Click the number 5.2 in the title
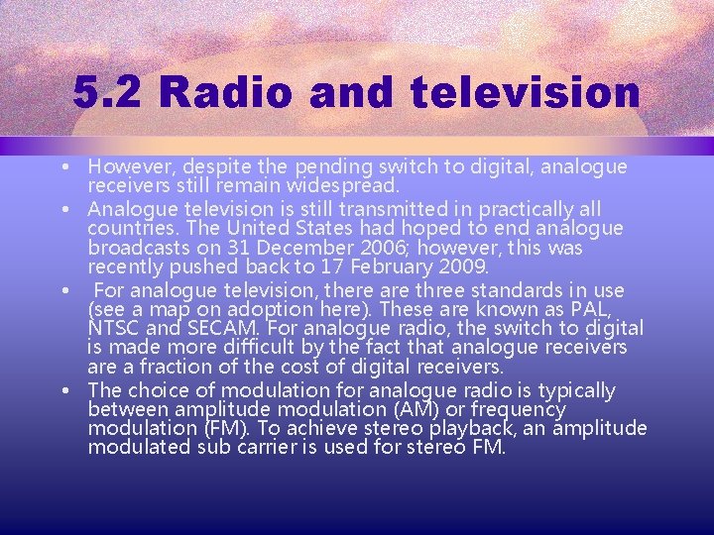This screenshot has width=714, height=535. pos(106,94)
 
